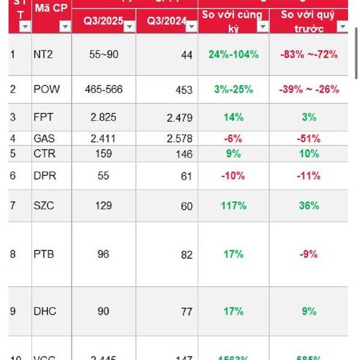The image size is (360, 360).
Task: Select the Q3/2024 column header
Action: (x=161, y=23)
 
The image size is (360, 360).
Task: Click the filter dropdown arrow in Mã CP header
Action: (x=65, y=26)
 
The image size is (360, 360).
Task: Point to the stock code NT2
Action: (x=44, y=55)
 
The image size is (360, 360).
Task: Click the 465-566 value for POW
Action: (x=104, y=89)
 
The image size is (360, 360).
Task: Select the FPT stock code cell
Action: (x=43, y=118)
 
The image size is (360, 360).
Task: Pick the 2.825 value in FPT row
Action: (x=104, y=118)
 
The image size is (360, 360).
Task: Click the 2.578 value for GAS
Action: (x=179, y=139)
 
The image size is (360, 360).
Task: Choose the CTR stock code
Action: (x=44, y=154)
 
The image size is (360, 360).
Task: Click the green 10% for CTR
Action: (x=308, y=154)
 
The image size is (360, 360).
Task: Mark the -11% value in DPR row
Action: (x=308, y=176)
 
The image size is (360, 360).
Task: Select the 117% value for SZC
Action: (x=233, y=206)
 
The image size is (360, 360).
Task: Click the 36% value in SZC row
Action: (x=308, y=206)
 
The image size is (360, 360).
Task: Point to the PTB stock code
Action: (x=44, y=254)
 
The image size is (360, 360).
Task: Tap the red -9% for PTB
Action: (x=308, y=254)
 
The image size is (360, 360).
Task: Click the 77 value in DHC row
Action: (x=187, y=312)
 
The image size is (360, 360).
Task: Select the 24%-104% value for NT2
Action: (x=233, y=55)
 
